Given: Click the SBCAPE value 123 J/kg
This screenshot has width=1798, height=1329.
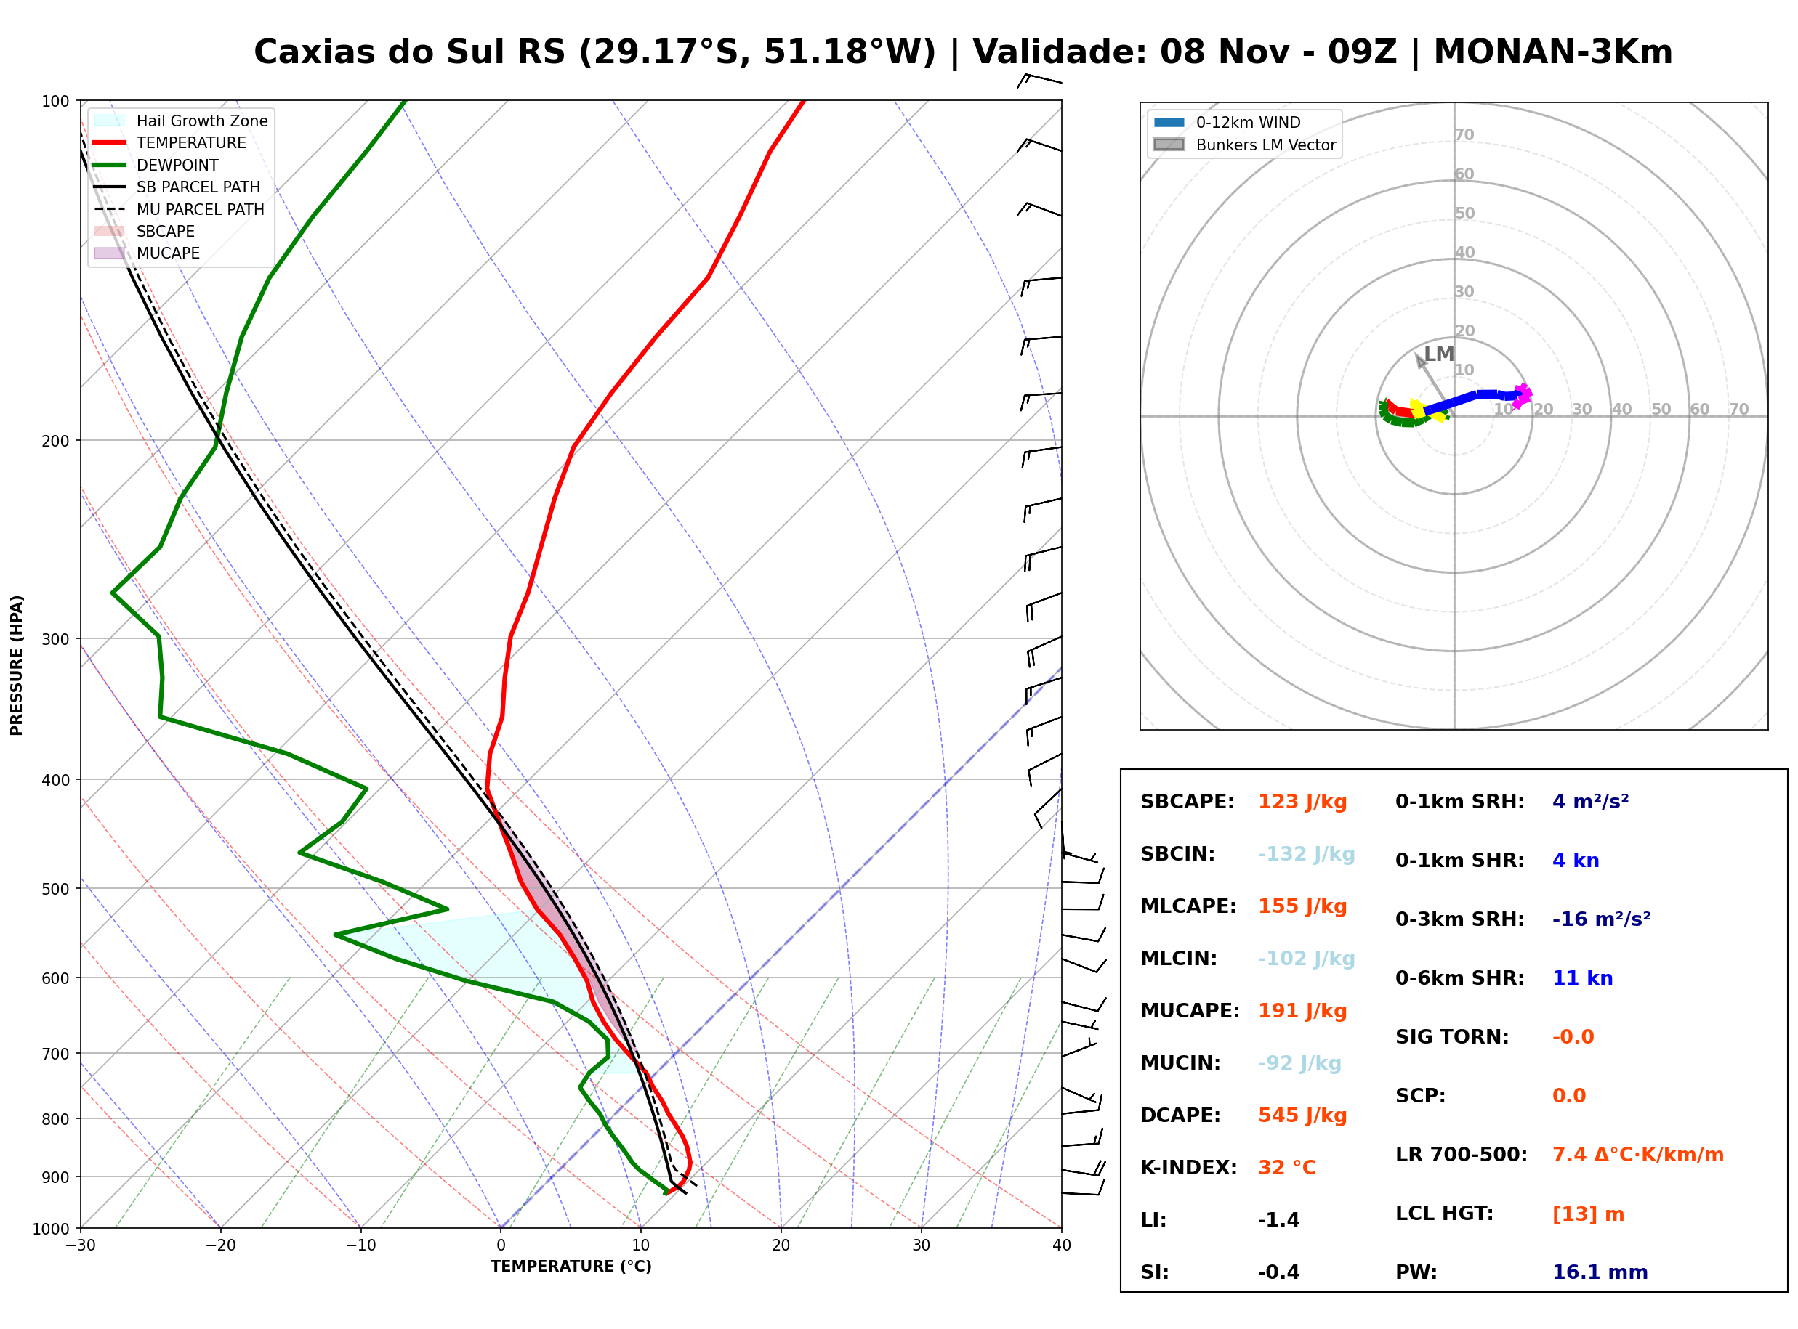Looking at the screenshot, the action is [1302, 802].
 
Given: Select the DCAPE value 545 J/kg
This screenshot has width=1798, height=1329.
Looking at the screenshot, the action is [1302, 1115].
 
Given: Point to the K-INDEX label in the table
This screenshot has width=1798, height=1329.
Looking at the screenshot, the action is [1188, 1168].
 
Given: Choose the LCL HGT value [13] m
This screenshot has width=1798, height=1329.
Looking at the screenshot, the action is [1588, 1214].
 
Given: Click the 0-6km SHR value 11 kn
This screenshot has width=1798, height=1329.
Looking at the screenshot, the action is [1582, 978].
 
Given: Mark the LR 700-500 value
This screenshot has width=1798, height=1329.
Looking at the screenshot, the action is [1638, 1155].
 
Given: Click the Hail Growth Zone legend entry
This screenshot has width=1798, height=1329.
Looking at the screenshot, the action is [181, 121].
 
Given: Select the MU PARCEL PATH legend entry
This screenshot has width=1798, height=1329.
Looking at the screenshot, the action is [180, 209].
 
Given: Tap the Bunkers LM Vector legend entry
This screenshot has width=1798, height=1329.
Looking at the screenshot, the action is [1244, 145].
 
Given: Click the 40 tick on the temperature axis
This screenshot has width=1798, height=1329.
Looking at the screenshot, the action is [1062, 1245].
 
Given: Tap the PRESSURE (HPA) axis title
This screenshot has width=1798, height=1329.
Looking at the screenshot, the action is [16, 665].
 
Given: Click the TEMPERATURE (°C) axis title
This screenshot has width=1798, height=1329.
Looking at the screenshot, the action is [571, 1267].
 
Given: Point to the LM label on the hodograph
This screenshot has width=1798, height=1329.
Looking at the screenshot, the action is [1438, 354].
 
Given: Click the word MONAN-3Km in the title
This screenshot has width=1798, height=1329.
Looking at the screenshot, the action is [1552, 52].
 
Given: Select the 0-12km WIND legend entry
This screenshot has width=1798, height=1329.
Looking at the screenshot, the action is [1227, 122].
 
